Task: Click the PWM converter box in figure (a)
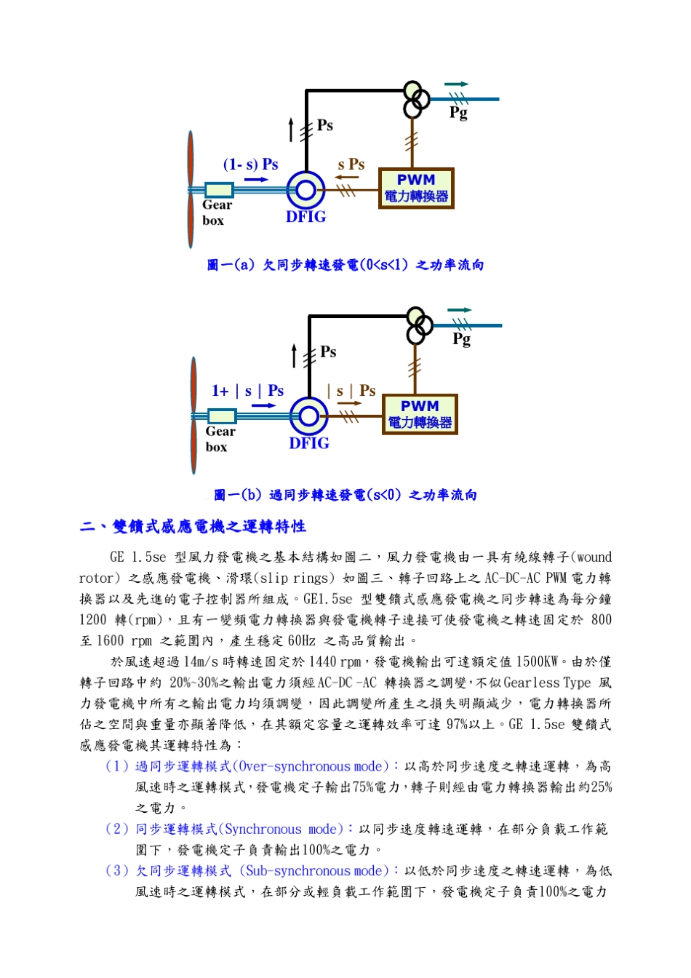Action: pyautogui.click(x=416, y=188)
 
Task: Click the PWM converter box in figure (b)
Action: pyautogui.click(x=420, y=415)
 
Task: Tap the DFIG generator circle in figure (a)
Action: pyautogui.click(x=305, y=191)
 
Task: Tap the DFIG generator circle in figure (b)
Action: pyautogui.click(x=309, y=417)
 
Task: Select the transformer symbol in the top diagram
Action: pyautogui.click(x=415, y=100)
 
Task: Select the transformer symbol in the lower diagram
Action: pyautogui.click(x=418, y=326)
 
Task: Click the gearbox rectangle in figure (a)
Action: pyautogui.click(x=219, y=190)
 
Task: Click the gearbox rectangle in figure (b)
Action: pyautogui.click(x=222, y=416)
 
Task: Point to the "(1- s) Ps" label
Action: pyautogui.click(x=251, y=164)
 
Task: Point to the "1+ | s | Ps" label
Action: pyautogui.click(x=247, y=391)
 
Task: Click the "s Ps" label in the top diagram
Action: pyautogui.click(x=351, y=164)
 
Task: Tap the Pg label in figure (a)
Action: pyautogui.click(x=458, y=112)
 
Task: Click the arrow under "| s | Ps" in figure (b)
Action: pyautogui.click(x=349, y=403)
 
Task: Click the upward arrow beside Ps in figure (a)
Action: pyautogui.click(x=291, y=129)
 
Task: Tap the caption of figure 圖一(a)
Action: pyautogui.click(x=345, y=265)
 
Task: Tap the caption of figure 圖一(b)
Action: pyautogui.click(x=345, y=496)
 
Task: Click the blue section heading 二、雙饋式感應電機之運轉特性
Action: pyautogui.click(x=193, y=527)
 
